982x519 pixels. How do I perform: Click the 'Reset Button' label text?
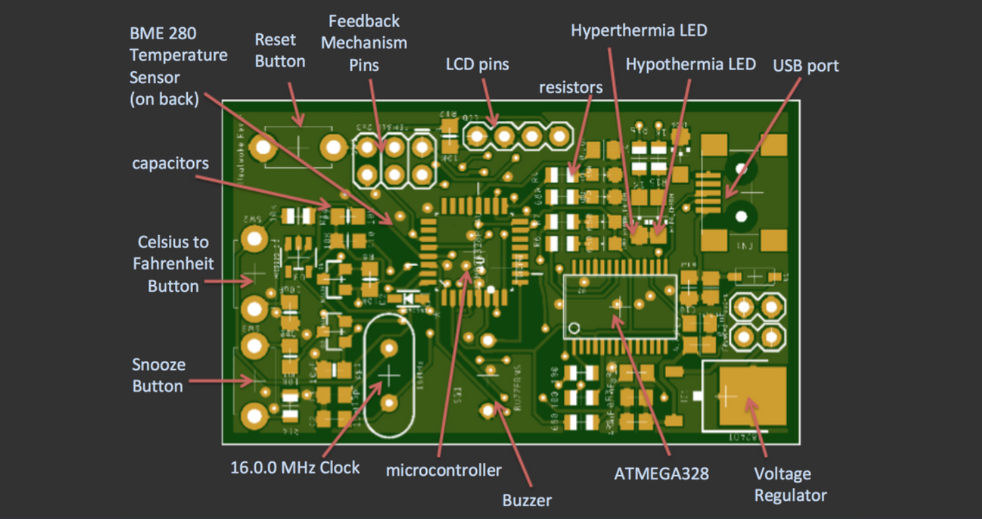(280, 51)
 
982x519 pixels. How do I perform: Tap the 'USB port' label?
(806, 66)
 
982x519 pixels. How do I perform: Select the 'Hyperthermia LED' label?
(638, 30)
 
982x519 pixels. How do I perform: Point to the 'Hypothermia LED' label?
(690, 64)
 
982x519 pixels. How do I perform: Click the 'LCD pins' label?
(477, 65)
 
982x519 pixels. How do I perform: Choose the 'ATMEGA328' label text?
(661, 473)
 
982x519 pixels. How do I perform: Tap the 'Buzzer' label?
(527, 500)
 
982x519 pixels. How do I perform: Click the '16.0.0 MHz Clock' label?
(295, 467)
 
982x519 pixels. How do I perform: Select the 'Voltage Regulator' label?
(790, 485)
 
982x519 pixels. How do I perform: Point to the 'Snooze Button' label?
(158, 375)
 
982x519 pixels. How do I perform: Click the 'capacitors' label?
(170, 163)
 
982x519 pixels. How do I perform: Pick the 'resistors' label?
(571, 87)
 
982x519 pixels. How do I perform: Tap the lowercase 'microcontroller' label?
(444, 470)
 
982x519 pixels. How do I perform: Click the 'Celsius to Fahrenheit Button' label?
(173, 264)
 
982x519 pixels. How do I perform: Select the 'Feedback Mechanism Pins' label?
(364, 43)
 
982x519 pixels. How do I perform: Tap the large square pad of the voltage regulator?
(752, 397)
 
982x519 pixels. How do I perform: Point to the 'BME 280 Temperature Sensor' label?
(178, 66)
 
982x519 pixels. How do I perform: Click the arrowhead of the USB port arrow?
(725, 195)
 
